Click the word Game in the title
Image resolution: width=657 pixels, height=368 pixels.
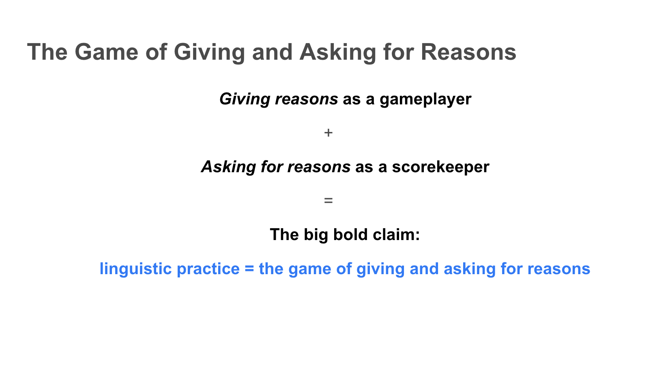point(107,52)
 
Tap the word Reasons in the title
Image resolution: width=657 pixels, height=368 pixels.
point(468,52)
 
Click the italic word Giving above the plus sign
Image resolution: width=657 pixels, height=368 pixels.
point(245,99)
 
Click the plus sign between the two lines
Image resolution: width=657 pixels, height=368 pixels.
point(328,133)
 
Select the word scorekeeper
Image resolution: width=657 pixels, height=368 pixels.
point(440,167)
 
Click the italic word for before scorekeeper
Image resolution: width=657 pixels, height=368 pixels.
point(272,167)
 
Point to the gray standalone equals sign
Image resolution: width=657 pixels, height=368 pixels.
point(328,201)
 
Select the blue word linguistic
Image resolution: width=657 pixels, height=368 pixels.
point(136,269)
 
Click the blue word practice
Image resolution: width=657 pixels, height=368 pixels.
point(208,269)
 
